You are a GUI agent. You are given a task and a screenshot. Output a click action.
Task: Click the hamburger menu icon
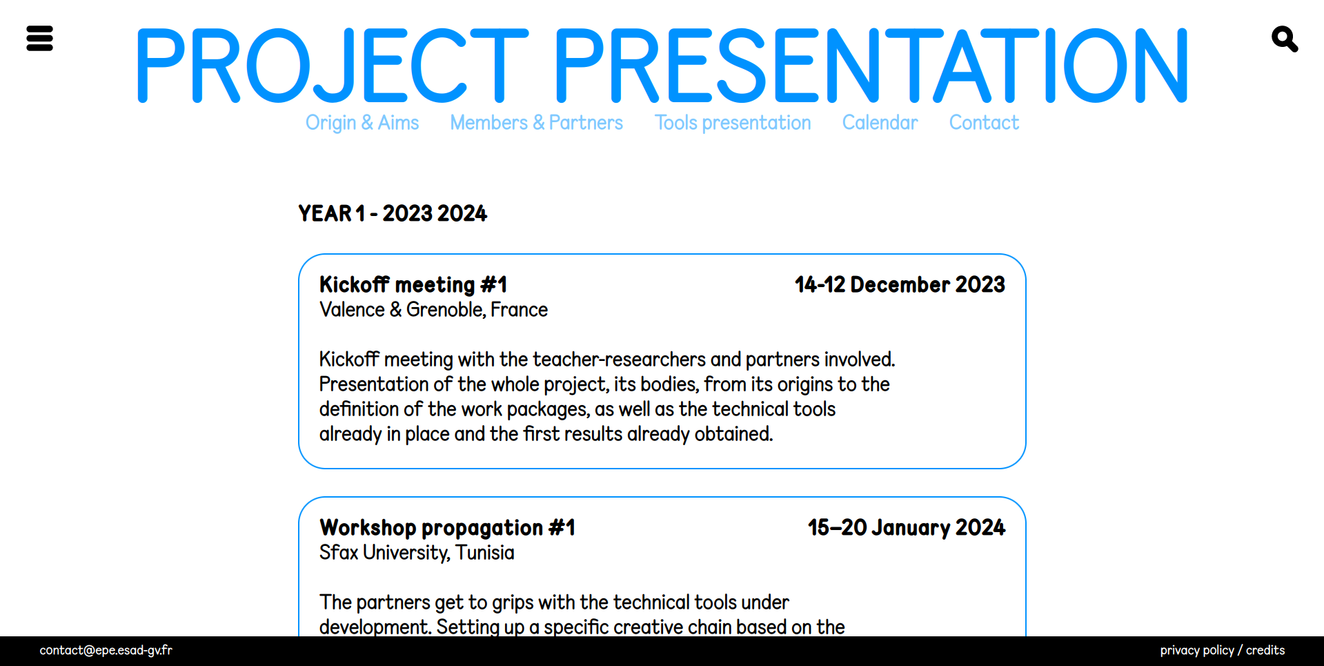pyautogui.click(x=39, y=39)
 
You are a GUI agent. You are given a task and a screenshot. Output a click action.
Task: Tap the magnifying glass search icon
pyautogui.click(x=1284, y=39)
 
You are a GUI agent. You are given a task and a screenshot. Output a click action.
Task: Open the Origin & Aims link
pyautogui.click(x=362, y=123)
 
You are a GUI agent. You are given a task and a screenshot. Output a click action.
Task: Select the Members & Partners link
pyautogui.click(x=536, y=123)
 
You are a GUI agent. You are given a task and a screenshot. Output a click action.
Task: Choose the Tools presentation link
pyautogui.click(x=732, y=123)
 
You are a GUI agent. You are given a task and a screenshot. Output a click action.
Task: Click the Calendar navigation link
pyautogui.click(x=880, y=123)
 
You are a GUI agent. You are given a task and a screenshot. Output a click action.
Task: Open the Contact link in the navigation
pyautogui.click(x=984, y=123)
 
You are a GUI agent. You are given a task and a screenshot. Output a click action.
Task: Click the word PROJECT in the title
pyautogui.click(x=332, y=66)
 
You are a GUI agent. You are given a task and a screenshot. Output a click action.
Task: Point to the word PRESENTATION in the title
pyautogui.click(x=871, y=66)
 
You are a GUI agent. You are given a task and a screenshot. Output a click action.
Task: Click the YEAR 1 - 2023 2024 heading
pyautogui.click(x=393, y=214)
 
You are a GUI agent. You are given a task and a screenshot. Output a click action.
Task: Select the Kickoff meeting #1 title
pyautogui.click(x=413, y=284)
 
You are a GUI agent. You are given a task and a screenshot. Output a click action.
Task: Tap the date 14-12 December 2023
pyautogui.click(x=900, y=284)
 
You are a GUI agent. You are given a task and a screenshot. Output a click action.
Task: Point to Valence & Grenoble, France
pyautogui.click(x=433, y=310)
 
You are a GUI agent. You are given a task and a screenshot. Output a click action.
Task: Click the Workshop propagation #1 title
pyautogui.click(x=447, y=528)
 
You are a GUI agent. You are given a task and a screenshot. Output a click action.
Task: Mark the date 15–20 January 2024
pyautogui.click(x=907, y=528)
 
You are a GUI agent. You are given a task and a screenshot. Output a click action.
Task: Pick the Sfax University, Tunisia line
pyautogui.click(x=417, y=553)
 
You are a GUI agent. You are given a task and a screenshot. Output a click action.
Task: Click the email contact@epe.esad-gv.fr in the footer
pyautogui.click(x=106, y=650)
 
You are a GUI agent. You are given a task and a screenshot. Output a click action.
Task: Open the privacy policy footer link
pyautogui.click(x=1197, y=650)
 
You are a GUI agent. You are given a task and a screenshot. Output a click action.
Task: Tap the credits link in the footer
pyautogui.click(x=1265, y=650)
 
